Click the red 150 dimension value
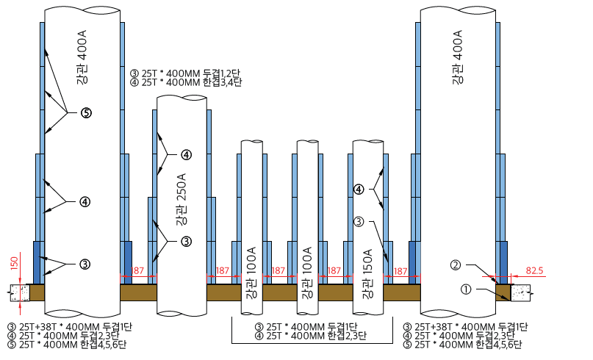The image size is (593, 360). pos(14,264)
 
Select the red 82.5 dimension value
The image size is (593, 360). pos(534,271)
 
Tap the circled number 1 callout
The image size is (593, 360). pos(467,289)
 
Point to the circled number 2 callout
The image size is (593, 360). pos(456,265)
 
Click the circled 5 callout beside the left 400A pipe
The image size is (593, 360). pos(86,112)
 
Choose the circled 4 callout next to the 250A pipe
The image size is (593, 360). pos(186,155)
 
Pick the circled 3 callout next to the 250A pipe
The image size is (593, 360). pos(186,241)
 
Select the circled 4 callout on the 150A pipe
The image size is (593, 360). pos(359,189)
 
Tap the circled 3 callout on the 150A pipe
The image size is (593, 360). pos(359,222)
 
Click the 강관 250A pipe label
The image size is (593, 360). pos(182,199)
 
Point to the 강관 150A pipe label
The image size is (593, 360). pos(367,274)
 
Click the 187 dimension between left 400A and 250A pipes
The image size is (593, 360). pos(137,271)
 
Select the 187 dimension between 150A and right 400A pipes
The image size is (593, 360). pos(400,271)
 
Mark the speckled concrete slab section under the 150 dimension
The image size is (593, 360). pos(20,293)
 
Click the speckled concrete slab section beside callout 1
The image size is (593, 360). pos(521,293)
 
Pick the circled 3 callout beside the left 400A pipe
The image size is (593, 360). pos(85,264)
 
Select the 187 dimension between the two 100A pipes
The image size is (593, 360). pos(278,271)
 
